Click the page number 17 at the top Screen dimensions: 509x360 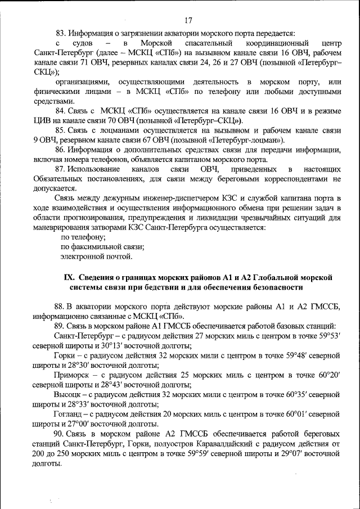[188, 21]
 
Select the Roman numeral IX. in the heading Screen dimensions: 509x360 [70, 277]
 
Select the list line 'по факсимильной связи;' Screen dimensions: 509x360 [102, 247]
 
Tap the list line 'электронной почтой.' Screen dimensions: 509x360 [96, 256]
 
